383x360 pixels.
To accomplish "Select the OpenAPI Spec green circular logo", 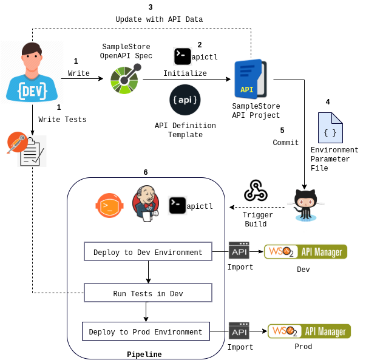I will coord(125,79).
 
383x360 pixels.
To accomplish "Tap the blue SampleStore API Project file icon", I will coord(250,80).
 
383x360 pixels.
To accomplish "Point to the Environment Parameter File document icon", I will coord(330,127).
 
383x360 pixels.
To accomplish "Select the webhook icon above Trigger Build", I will coord(256,191).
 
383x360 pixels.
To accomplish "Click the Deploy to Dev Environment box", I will coord(147,252).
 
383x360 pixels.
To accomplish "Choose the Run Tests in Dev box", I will coord(147,293).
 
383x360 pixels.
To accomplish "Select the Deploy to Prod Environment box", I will coord(145,331).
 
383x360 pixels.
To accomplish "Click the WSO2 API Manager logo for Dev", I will coord(305,251).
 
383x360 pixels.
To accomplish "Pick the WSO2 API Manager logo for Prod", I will coord(309,331).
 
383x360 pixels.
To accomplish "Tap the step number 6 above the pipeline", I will coord(146,172).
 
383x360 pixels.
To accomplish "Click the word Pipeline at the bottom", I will coord(144,354).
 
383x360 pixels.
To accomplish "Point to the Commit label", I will coord(285,143).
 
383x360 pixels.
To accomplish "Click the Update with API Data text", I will coord(159,19).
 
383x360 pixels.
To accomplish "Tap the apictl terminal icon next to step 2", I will coord(183,56).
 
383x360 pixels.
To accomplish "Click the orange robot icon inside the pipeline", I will coord(109,206).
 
